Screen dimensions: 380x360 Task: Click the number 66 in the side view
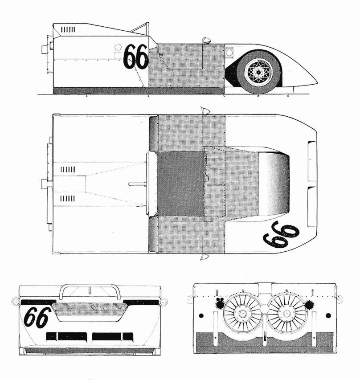pyautogui.click(x=135, y=57)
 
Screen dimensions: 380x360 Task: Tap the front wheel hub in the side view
pyautogui.click(x=258, y=72)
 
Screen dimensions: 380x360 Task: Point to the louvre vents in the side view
pyautogui.click(x=68, y=29)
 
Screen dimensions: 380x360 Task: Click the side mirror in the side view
pyautogui.click(x=206, y=41)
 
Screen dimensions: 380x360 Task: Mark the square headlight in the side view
pyautogui.click(x=229, y=53)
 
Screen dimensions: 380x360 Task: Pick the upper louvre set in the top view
pyautogui.click(x=68, y=169)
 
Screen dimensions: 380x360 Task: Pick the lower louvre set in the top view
pyautogui.click(x=68, y=198)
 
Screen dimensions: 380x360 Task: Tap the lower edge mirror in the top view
pyautogui.click(x=205, y=257)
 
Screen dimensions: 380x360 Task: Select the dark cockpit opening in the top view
pyautogui.click(x=181, y=184)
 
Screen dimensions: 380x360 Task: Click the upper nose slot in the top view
pyautogui.click(x=311, y=161)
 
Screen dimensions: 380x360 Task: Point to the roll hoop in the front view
pyautogui.click(x=90, y=289)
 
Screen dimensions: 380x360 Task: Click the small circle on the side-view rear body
pyautogui.click(x=118, y=47)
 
